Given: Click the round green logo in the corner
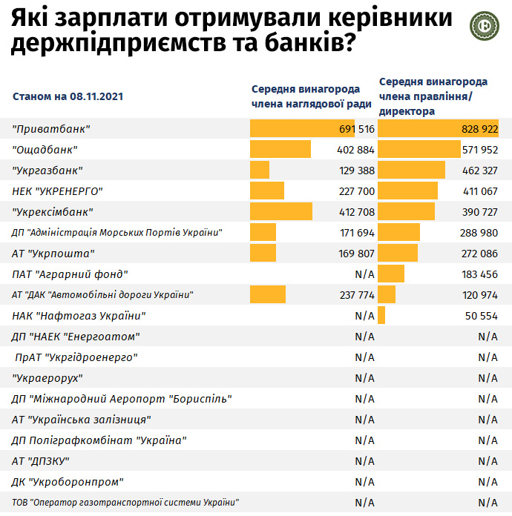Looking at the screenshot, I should pyautogui.click(x=485, y=24).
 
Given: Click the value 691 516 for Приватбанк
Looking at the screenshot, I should pyautogui.click(x=355, y=129).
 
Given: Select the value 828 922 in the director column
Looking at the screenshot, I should pyautogui.click(x=479, y=129).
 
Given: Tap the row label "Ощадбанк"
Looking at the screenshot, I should pyautogui.click(x=45, y=150).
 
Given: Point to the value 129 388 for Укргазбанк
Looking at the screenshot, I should pyautogui.click(x=355, y=171).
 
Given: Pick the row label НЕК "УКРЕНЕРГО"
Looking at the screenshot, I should pyautogui.click(x=57, y=191).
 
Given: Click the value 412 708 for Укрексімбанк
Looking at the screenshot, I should pyautogui.click(x=355, y=212).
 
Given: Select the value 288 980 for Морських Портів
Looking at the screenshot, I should pyautogui.click(x=479, y=233).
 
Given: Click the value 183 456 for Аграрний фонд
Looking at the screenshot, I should pyautogui.click(x=479, y=274).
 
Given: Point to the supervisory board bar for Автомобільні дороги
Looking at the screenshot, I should pyautogui.click(x=268, y=295).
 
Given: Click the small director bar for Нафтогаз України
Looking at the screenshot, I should pyautogui.click(x=381, y=316).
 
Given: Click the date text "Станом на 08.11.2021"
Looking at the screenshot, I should pyautogui.click(x=68, y=96).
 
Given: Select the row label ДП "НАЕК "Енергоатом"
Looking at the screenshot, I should pyautogui.click(x=76, y=337).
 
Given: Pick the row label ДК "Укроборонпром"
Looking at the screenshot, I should pyautogui.click(x=68, y=482).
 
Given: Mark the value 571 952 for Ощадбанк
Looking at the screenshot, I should pyautogui.click(x=479, y=150).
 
